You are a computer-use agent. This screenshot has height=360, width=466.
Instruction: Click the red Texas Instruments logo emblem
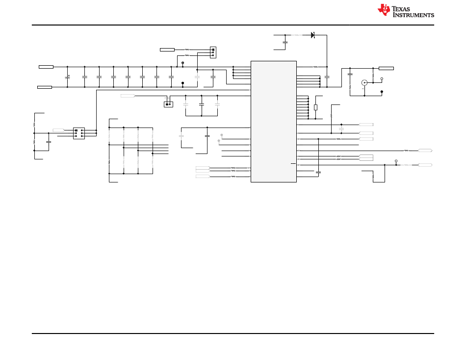(384, 10)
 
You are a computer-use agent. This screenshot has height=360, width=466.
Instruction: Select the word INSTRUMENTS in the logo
(413, 15)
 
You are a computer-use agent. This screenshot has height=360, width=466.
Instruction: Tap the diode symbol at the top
(312, 35)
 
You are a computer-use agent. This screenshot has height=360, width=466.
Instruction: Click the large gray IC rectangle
(273, 121)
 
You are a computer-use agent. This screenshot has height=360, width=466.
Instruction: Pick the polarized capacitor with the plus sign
(67, 77)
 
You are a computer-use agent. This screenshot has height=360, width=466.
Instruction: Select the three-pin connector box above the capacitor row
(213, 52)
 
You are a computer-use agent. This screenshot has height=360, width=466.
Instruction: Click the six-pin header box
(78, 133)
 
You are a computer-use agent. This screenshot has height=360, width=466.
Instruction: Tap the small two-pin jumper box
(168, 104)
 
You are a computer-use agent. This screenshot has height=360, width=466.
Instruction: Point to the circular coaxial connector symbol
(364, 83)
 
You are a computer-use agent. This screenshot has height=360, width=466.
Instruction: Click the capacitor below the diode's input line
(285, 43)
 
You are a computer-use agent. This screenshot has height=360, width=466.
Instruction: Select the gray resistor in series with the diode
(295, 35)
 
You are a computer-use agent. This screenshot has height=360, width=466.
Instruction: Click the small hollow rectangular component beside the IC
(315, 107)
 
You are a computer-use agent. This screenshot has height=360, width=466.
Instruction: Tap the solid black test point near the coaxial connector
(382, 91)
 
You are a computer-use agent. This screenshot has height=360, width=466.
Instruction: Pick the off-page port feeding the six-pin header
(58, 130)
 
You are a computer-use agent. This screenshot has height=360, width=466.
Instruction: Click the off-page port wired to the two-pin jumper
(128, 96)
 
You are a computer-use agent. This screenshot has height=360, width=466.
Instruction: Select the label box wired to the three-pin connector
(167, 50)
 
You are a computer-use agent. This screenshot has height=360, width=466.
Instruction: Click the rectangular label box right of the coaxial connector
(386, 68)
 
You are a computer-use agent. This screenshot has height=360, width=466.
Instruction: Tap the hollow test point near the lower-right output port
(396, 160)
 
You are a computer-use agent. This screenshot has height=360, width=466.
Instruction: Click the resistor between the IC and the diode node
(315, 67)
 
